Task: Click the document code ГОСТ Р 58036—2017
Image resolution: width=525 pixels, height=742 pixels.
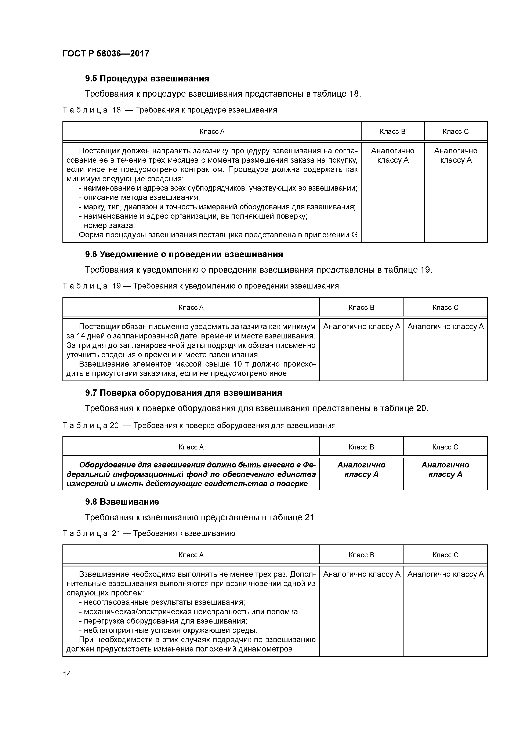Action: [x=106, y=53]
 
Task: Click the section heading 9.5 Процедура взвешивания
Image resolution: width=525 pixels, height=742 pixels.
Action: [x=147, y=78]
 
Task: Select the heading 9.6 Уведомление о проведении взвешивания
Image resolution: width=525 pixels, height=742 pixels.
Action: [x=184, y=254]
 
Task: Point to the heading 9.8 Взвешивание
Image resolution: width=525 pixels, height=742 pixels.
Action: [x=122, y=502]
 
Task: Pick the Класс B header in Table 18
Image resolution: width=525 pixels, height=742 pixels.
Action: [x=392, y=132]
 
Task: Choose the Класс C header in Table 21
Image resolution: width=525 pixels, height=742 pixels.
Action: [x=445, y=555]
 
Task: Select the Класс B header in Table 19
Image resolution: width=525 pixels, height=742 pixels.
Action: [x=361, y=307]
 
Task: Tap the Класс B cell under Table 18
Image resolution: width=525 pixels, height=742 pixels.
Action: [x=392, y=155]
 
